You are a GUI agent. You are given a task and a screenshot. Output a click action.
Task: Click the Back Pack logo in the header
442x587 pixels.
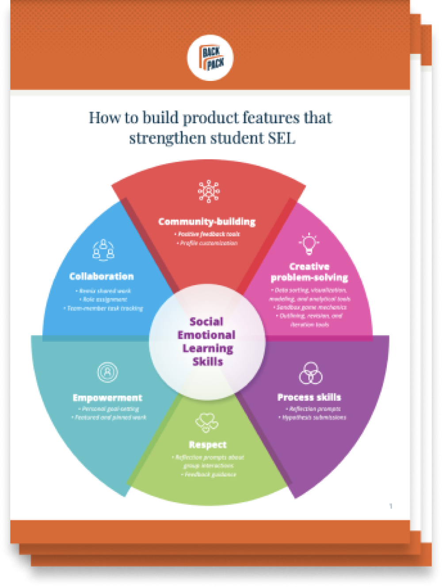(210, 58)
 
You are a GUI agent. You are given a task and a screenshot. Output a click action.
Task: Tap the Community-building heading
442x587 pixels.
(207, 221)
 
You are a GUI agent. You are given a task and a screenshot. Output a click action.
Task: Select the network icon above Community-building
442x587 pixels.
(209, 191)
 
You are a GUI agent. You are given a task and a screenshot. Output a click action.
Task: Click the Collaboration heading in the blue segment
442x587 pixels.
(101, 276)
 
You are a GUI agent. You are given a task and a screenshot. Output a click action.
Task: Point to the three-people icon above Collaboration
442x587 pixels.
(103, 249)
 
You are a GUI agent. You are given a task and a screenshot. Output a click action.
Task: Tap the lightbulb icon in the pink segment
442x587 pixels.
(309, 244)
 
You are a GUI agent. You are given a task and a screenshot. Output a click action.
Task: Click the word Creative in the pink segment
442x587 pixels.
(309, 267)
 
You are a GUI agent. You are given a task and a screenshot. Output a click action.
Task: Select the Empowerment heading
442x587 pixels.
(107, 397)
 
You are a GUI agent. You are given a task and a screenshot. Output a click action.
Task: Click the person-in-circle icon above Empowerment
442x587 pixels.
(107, 372)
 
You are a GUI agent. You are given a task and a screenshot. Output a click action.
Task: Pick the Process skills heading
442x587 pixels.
(309, 397)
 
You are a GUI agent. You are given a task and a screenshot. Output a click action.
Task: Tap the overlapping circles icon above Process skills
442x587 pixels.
(311, 373)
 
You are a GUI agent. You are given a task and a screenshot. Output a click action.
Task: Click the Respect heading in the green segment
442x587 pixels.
(207, 445)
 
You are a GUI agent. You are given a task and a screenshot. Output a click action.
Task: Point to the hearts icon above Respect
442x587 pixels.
(207, 422)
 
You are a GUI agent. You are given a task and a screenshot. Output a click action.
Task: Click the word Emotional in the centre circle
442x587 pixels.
(206, 335)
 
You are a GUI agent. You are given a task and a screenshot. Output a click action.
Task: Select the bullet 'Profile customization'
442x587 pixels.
(208, 243)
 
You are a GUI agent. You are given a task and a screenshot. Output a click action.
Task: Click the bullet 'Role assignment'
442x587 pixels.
(104, 299)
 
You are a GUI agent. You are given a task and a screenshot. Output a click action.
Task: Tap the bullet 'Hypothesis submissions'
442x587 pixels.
(314, 417)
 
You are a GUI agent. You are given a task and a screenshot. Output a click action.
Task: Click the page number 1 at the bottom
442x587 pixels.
(391, 506)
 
